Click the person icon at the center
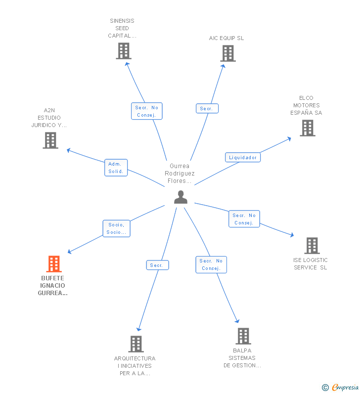180,197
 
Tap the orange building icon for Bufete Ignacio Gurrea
54,264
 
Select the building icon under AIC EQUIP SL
227,53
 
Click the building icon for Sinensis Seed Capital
124,51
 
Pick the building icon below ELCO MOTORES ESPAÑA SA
308,128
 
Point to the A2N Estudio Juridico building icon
50,140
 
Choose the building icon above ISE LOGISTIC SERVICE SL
312,246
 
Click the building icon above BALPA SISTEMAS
243,336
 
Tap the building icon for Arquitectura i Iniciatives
135,344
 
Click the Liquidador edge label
243,157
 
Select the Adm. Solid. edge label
116,168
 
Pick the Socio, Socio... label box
116,228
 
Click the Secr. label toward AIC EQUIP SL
207,108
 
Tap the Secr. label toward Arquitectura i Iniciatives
157,265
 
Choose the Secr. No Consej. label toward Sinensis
146,111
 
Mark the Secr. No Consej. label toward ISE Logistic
244,218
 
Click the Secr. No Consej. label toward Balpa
211,264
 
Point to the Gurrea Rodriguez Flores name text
180,174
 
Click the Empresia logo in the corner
345,387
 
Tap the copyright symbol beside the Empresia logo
325,388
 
